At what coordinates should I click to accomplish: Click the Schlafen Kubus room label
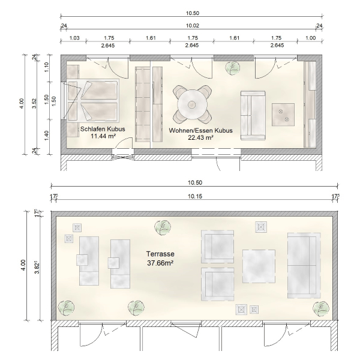point(103,129)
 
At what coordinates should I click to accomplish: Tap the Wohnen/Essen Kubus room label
point(200,130)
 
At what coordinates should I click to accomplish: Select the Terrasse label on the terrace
point(160,254)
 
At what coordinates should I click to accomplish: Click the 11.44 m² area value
point(103,136)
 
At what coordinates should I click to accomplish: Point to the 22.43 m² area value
point(200,137)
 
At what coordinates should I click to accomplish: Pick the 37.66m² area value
point(160,263)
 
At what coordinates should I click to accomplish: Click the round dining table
point(191,104)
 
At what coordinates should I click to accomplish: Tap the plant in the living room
point(232,68)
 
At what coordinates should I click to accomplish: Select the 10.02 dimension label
point(193,25)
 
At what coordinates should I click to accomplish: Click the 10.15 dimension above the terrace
point(195,197)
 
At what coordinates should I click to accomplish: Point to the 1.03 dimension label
point(74,38)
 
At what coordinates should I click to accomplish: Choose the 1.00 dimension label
point(310,38)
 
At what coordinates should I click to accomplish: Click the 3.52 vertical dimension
point(34,104)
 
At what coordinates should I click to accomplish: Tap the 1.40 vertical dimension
point(46,136)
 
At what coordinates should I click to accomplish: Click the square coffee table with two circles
point(283,115)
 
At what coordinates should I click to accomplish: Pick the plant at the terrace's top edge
point(163,227)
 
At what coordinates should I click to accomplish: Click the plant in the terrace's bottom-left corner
point(66,308)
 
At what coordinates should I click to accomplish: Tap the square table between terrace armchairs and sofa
point(259,266)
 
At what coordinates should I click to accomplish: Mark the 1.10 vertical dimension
point(46,67)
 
